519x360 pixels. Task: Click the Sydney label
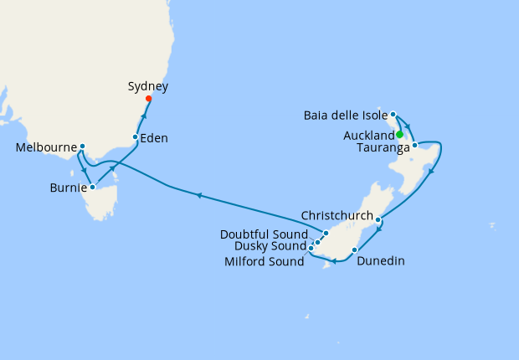point(148,86)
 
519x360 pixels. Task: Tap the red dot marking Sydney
point(149,99)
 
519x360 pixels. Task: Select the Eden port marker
point(136,136)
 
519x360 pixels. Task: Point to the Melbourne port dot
point(82,147)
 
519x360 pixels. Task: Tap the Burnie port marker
point(92,187)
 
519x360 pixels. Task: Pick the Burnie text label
point(68,188)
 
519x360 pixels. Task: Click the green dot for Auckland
point(400,134)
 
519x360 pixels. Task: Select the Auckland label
point(368,136)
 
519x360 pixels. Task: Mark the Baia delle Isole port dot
point(393,114)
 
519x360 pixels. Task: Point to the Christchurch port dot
point(378,220)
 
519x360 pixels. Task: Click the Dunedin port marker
point(355,249)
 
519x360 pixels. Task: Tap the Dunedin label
point(381,261)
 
